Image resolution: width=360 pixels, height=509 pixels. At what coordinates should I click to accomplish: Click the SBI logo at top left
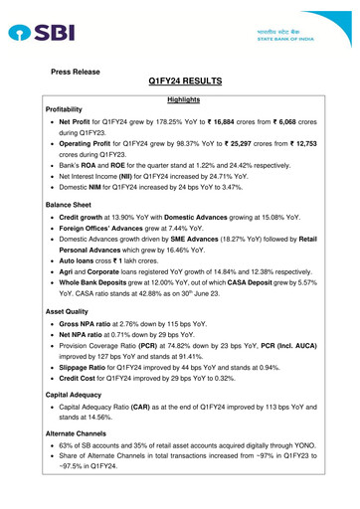click(40, 32)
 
